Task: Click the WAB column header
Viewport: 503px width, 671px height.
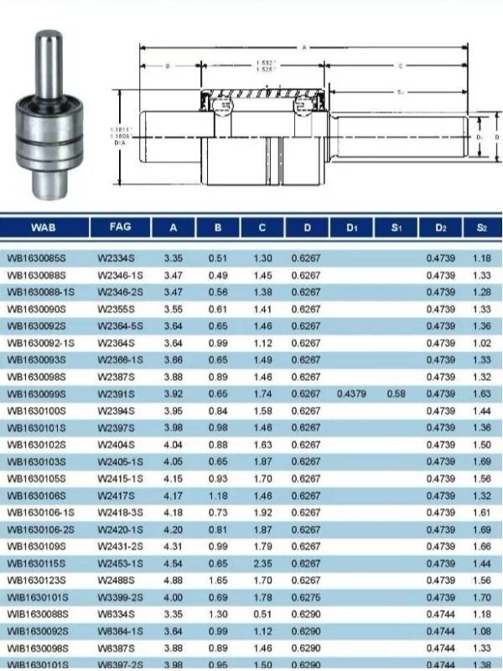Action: point(44,227)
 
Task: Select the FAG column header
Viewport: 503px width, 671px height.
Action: point(121,227)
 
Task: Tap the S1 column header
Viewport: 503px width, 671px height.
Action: point(397,227)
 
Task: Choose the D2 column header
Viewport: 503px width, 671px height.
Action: point(441,227)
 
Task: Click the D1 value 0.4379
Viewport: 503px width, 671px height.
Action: point(350,394)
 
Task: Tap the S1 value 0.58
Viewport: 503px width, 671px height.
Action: point(397,394)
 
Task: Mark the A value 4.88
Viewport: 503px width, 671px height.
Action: point(174,581)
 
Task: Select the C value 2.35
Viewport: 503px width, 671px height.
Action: point(262,564)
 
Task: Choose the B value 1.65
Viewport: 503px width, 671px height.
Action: point(218,581)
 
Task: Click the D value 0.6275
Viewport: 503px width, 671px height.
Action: point(306,598)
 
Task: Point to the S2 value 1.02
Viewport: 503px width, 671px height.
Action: point(481,343)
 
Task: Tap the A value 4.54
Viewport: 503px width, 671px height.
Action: point(174,564)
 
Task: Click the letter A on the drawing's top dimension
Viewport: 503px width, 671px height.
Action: point(303,48)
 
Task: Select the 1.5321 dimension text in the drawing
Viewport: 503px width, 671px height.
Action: point(267,64)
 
